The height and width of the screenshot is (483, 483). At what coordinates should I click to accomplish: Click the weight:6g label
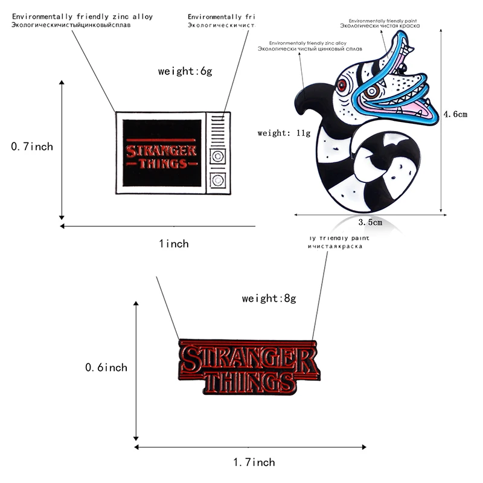[185, 71]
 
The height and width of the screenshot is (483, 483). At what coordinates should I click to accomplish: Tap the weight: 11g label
[284, 133]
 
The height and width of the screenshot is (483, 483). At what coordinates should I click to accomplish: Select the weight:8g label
[269, 298]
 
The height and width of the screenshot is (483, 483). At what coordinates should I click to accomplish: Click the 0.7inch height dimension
[33, 146]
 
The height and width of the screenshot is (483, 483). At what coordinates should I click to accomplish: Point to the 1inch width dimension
[174, 244]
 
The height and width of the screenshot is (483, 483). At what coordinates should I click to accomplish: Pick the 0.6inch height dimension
[107, 367]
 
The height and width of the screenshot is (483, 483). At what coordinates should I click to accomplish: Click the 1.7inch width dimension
[254, 462]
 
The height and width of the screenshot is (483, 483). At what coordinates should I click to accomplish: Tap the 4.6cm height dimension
[456, 114]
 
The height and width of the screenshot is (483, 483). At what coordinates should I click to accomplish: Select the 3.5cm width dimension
[371, 222]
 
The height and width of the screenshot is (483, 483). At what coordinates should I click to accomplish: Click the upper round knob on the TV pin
[217, 155]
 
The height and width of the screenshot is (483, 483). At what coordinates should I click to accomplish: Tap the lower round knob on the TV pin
[217, 179]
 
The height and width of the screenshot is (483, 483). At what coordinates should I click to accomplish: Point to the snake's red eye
[343, 86]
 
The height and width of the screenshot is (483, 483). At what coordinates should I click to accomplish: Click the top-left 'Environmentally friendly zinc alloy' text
[83, 16]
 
